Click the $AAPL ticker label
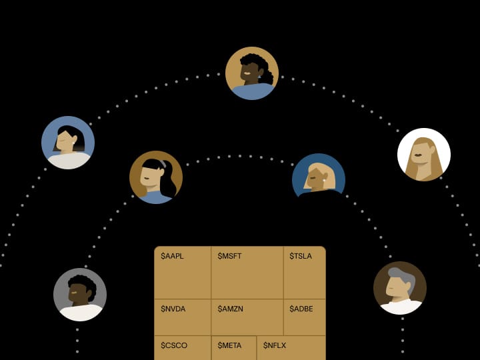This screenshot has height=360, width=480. point(172,256)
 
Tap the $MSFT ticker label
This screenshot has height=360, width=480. point(229,256)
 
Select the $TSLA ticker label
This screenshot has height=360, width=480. point(301,256)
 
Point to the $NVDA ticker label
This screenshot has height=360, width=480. point(173,309)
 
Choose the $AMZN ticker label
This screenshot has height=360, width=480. point(230,309)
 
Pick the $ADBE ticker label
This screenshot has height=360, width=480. point(301,309)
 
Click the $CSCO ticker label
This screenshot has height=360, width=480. point(174,345)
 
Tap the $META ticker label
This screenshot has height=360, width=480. point(229,345)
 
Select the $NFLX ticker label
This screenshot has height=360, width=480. point(275,345)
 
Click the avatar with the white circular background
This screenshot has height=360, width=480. point(424,155)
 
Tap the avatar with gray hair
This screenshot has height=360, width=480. point(400,288)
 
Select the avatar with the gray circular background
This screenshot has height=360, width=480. point(80,295)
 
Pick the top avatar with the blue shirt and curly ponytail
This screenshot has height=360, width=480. point(252,73)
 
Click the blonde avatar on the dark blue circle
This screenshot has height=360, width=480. point(319,177)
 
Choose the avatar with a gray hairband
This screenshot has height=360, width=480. point(156,177)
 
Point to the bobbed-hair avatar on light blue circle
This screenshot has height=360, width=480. point(68,143)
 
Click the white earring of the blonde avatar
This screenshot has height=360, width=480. point(323,181)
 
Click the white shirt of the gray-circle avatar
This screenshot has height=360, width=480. point(81,313)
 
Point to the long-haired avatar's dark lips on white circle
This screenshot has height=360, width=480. point(418,155)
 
